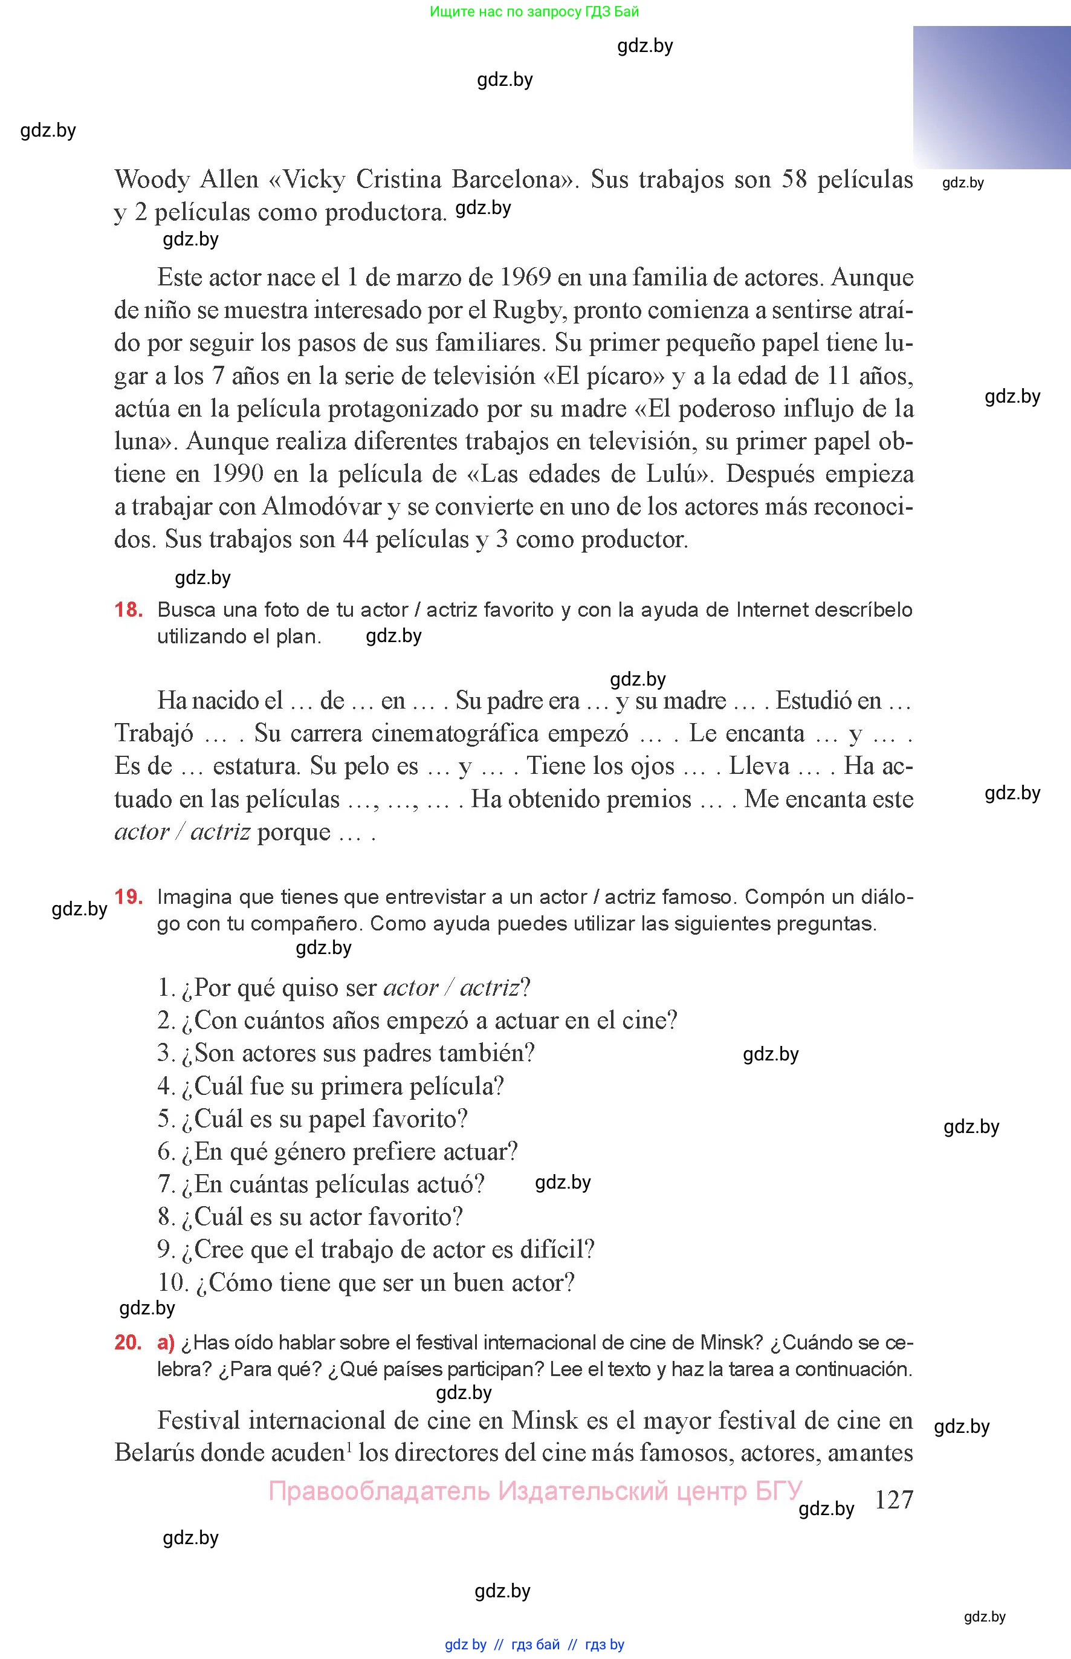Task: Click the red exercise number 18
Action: point(129,610)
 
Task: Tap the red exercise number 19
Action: point(129,897)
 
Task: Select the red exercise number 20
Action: point(128,1343)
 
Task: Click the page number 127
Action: point(894,1500)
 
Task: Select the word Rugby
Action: point(526,310)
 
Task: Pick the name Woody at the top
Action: point(152,180)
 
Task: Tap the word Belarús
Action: point(157,1453)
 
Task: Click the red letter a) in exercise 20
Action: point(166,1343)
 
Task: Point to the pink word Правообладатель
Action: point(379,1491)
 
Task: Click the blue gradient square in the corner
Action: point(991,97)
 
